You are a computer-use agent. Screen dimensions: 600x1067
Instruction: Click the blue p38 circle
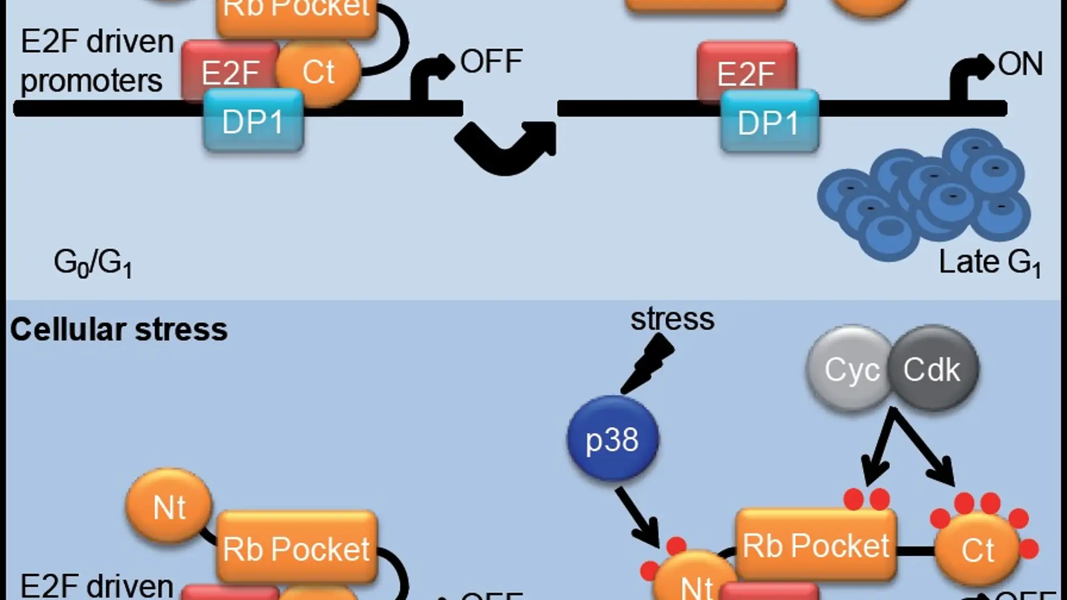point(612,438)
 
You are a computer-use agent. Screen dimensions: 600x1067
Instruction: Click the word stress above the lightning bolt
point(672,319)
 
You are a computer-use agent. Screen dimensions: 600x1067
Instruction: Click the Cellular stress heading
point(119,329)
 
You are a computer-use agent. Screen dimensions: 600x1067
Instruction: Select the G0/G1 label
point(93,263)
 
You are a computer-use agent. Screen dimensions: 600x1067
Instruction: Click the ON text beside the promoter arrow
point(1020,64)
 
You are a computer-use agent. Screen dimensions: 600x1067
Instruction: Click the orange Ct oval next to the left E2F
point(318,72)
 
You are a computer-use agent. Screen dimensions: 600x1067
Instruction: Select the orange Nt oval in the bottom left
point(169,507)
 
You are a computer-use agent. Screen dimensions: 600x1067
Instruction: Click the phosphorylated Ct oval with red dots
point(978,549)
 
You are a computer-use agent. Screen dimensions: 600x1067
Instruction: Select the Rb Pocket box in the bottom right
point(816,545)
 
